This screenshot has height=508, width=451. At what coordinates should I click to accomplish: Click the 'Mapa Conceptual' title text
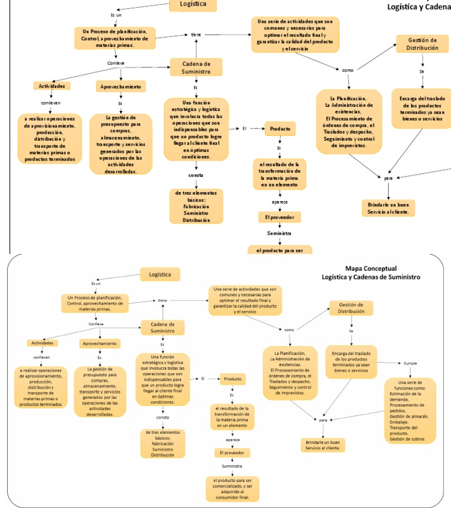pyautogui.click(x=371, y=268)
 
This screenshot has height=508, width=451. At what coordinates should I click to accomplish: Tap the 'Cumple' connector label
pyautogui.click(x=410, y=363)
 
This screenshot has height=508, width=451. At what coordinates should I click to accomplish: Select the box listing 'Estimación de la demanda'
pyautogui.click(x=410, y=411)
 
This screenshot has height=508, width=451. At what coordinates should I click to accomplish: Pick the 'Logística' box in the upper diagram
pyautogui.click(x=193, y=5)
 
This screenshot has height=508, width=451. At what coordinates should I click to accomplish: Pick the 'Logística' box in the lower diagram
pyautogui.click(x=160, y=274)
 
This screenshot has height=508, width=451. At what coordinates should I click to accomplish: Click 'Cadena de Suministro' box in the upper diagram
pyautogui.click(x=196, y=67)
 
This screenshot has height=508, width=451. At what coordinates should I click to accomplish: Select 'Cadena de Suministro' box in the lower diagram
pyautogui.click(x=163, y=327)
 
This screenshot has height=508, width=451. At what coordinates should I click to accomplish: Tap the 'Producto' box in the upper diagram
pyautogui.click(x=280, y=128)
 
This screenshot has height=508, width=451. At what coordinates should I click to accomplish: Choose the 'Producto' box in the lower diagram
pyautogui.click(x=233, y=379)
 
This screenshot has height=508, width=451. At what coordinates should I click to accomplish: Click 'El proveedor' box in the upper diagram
pyautogui.click(x=280, y=217)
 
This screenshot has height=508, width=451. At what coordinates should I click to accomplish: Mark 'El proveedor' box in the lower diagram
pyautogui.click(x=232, y=453)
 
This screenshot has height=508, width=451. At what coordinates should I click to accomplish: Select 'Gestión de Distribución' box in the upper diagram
pyautogui.click(x=422, y=44)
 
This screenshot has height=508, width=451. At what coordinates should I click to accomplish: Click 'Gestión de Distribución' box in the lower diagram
pyautogui.click(x=351, y=308)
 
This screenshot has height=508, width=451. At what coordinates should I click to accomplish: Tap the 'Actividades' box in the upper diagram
pyautogui.click(x=52, y=86)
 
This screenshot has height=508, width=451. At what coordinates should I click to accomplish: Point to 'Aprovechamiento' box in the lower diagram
pyautogui.click(x=99, y=343)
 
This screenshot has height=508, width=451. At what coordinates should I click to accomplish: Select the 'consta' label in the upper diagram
pyautogui.click(x=196, y=175)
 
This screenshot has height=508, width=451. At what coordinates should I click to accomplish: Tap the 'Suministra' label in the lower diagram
pyautogui.click(x=232, y=466)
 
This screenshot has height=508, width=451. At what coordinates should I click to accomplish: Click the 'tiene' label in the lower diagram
pyautogui.click(x=163, y=300)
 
